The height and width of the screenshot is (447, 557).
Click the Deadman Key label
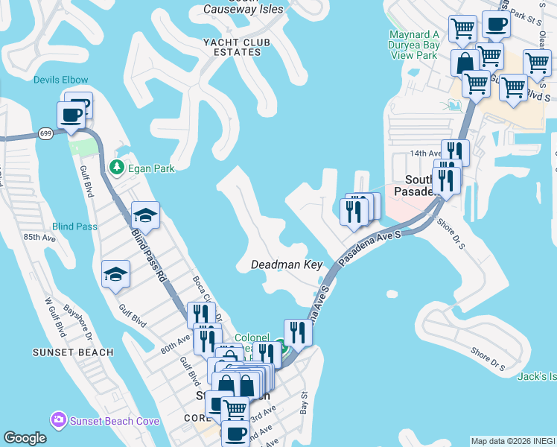tap(287, 264)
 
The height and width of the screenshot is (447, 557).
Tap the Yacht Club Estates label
tap(232, 47)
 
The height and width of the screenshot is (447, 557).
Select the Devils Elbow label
tap(61, 80)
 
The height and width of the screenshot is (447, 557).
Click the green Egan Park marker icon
tap(117, 168)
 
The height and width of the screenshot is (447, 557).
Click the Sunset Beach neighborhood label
tap(73, 352)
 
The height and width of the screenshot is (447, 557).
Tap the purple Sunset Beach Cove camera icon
tap(58, 420)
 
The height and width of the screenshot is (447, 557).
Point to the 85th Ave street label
tap(40, 238)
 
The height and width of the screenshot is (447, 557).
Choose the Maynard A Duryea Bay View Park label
tap(415, 45)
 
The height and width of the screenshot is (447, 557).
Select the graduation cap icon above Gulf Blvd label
tap(115, 275)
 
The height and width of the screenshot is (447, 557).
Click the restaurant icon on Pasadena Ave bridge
tap(298, 333)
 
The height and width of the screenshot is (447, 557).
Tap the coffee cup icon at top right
tap(497, 24)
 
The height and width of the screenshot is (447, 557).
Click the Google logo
tap(25, 438)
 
